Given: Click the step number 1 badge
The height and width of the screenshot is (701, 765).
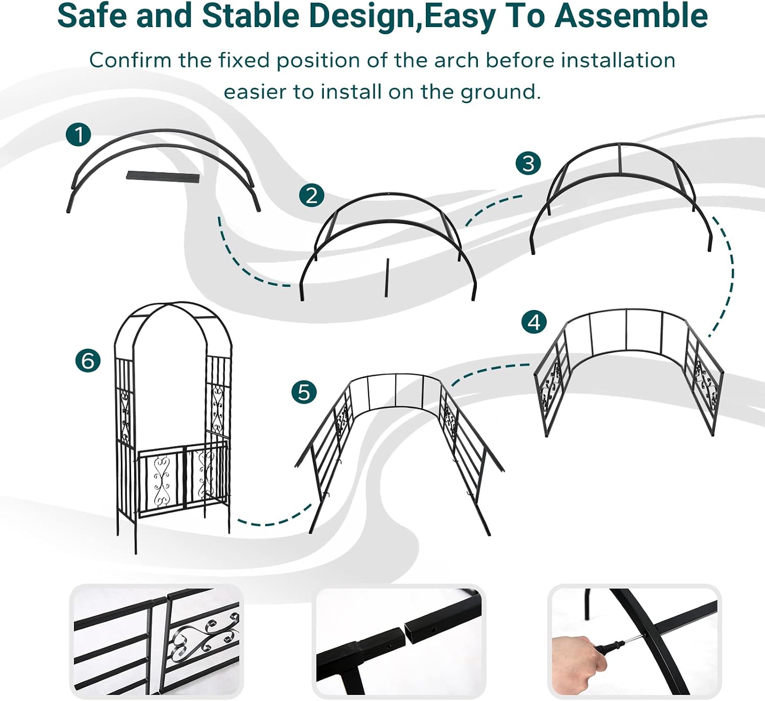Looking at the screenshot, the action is point(78,134).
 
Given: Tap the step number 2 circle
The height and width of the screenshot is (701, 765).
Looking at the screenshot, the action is point(312,195).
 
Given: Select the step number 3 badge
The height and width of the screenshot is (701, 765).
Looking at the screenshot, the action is point(528,163).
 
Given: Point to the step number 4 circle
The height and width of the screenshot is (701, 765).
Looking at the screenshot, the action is point(534,322).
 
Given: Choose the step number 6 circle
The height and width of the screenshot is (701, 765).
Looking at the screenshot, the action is point(88,360).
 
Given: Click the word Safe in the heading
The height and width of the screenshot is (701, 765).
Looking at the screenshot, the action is point(92,16).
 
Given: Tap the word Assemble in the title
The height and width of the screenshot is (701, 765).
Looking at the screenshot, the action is point(631,16).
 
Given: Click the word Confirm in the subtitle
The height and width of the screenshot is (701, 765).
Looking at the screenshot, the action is point(130,60).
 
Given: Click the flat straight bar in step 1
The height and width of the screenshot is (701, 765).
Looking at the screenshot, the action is point(163,177).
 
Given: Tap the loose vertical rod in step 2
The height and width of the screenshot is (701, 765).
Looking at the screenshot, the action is point(387,278).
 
